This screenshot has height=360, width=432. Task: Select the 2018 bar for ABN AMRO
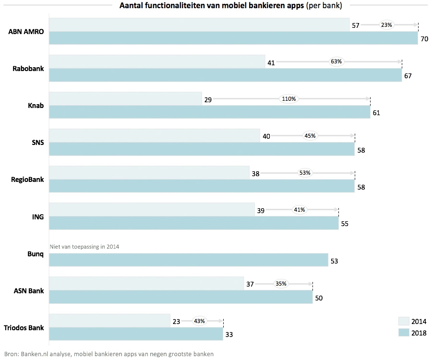coord(233,38)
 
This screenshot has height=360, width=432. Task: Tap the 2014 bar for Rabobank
coord(157,61)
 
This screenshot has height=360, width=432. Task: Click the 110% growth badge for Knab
coord(289,99)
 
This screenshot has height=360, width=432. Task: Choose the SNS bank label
coord(37,142)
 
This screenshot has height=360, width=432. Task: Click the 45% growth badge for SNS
coord(310,136)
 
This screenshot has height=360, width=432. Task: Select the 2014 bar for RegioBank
coord(149,173)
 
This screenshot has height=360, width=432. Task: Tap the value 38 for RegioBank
coord(255,173)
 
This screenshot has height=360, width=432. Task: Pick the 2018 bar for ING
coord(193,223)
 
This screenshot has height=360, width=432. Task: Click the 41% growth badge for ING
coord(300,210)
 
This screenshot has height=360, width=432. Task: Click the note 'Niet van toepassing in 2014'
coord(84,247)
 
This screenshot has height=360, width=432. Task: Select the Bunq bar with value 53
coord(188,260)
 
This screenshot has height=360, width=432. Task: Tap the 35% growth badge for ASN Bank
coord(281,284)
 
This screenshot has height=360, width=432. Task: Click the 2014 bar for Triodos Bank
coord(109,321)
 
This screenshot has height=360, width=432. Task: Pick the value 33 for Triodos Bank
coord(229,335)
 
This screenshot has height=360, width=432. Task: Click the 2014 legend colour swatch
coord(403,321)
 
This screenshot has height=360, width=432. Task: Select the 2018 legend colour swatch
coord(403,333)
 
